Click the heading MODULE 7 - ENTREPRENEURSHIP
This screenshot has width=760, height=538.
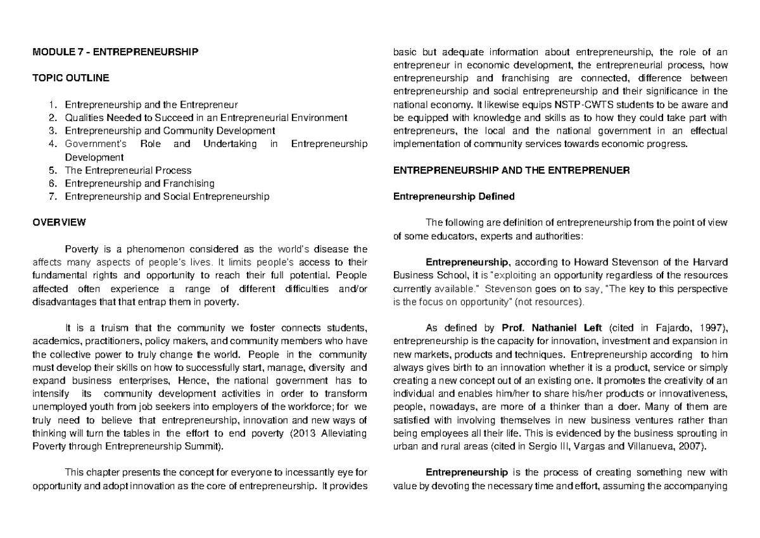click(x=115, y=52)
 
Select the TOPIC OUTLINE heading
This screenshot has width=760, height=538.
click(x=70, y=78)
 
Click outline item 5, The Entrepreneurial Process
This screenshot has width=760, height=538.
click(x=128, y=170)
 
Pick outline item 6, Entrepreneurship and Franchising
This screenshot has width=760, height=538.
click(x=139, y=183)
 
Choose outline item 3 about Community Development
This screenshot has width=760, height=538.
click(x=170, y=131)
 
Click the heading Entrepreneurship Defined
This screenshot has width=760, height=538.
click(x=454, y=196)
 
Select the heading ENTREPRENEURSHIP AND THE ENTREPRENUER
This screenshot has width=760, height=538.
click(x=511, y=170)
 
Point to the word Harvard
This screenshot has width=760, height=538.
click(x=709, y=262)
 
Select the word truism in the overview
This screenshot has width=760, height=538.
click(x=119, y=328)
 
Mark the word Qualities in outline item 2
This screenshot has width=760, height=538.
click(x=83, y=118)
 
